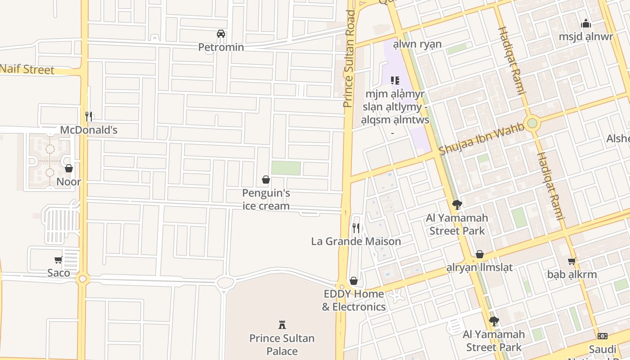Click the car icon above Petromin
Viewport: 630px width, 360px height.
221,34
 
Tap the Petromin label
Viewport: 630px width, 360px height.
221,47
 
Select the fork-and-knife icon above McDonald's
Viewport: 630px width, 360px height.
89,117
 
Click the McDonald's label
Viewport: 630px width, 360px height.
89,130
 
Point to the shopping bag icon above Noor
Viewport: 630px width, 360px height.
69,168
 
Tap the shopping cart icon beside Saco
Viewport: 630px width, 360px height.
58,260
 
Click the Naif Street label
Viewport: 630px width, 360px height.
27,69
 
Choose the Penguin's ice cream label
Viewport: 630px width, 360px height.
266,199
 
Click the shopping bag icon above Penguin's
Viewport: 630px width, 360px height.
266,180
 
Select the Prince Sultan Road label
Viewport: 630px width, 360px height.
349,58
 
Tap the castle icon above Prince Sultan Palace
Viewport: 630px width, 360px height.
282,324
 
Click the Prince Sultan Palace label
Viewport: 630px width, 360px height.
282,345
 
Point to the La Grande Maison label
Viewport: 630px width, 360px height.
356,241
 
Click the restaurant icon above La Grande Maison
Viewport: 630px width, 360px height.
356,228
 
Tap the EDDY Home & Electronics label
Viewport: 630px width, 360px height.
354,300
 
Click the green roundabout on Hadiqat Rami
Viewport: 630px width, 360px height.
532,122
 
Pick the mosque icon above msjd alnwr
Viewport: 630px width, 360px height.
586,23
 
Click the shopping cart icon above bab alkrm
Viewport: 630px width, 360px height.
572,261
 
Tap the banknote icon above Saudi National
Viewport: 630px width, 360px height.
603,336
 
